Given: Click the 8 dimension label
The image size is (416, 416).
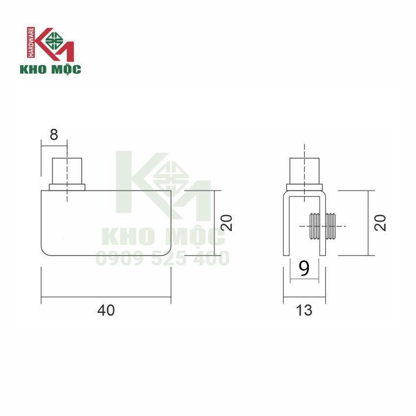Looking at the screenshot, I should [x=54, y=135].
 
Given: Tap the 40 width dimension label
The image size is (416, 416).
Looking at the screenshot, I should [x=106, y=310].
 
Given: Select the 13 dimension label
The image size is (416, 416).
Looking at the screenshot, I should [x=304, y=310].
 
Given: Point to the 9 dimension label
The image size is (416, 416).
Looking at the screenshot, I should [x=304, y=269].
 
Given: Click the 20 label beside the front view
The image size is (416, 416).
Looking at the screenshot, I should [x=227, y=223].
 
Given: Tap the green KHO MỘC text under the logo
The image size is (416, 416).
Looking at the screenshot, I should [x=50, y=69].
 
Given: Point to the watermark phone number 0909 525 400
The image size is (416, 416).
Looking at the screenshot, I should [x=162, y=257].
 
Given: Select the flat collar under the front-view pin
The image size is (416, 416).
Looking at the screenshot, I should [x=67, y=187].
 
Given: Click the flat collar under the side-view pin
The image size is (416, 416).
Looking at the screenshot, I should [x=304, y=187].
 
